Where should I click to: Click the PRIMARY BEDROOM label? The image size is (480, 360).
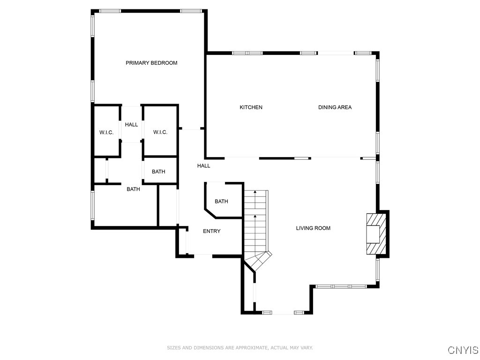pos(151,63)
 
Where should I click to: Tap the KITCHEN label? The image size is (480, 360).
pos(251,107)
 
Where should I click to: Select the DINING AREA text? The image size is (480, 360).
pos(335,107)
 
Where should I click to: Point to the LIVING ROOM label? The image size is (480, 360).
pos(313,228)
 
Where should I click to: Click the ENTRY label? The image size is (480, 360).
pos(211,231)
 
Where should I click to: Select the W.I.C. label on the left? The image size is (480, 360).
pos(106,133)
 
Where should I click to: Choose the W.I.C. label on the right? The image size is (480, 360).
pos(160,132)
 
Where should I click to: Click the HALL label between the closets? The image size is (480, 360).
pos(131,125)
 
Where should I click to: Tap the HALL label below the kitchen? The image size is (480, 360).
pos(203,166)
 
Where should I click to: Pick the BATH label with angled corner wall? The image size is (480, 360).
pos(221,202)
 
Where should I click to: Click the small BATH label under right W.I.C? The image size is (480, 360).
pos(158,172)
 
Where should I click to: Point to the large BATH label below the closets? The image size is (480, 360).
pos(133,189)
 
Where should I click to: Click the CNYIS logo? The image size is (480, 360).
pos(463,350)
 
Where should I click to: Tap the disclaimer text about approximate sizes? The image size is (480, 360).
pos(240,348)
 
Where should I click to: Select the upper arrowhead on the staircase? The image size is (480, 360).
pos(255,192)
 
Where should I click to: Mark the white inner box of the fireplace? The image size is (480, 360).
pos(373,234)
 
